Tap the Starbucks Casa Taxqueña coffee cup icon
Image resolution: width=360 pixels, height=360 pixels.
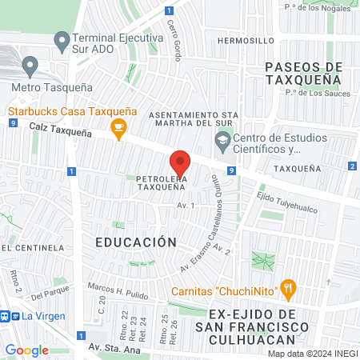pyautogui.click(x=119, y=127)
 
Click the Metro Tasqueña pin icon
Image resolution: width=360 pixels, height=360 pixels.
pyautogui.click(x=30, y=65)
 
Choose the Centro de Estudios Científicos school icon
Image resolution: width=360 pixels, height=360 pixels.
pyautogui.click(x=222, y=142)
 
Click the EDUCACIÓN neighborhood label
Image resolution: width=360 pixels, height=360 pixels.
pyautogui.click(x=134, y=241)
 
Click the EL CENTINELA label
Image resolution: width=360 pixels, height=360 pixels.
pyautogui.click(x=32, y=248)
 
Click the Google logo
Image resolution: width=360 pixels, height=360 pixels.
pyautogui.click(x=26, y=350)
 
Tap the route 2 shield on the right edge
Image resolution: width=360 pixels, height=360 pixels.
pyautogui.click(x=352, y=166)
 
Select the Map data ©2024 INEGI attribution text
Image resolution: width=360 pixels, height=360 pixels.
pyautogui.click(x=312, y=354)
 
